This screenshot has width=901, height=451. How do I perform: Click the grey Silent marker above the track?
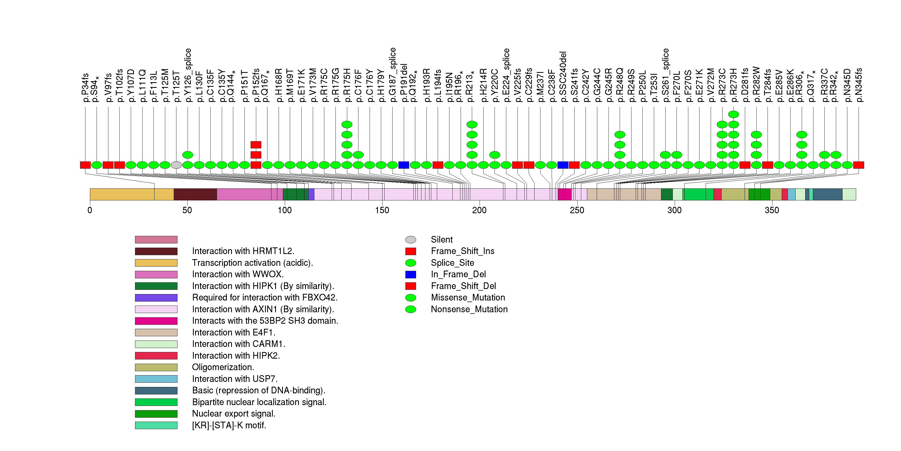point(176,165)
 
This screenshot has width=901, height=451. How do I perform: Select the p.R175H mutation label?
point(347,85)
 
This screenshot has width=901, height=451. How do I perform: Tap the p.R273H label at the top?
point(733,85)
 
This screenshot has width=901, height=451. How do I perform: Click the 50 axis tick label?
point(187,210)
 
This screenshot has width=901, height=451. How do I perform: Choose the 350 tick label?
point(772,210)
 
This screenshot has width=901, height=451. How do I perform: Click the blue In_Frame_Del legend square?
point(411,274)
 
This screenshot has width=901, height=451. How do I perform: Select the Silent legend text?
point(441,239)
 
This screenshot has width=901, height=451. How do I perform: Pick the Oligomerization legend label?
point(223,367)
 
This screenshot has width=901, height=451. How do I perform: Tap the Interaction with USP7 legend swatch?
point(156,379)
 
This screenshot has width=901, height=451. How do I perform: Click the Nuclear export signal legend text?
point(234,414)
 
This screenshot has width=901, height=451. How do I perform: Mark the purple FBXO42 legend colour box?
point(156,298)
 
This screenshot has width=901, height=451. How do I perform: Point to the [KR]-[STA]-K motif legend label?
point(229,425)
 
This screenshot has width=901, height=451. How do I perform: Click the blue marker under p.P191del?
point(404,165)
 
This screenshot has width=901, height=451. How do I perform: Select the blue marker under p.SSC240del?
point(563,165)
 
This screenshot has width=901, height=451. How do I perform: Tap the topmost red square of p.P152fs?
point(256,145)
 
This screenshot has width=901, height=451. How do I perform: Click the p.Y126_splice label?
point(188,75)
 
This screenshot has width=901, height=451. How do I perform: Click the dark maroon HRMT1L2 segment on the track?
point(195,194)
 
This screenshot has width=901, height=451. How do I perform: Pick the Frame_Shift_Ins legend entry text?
point(463,251)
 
